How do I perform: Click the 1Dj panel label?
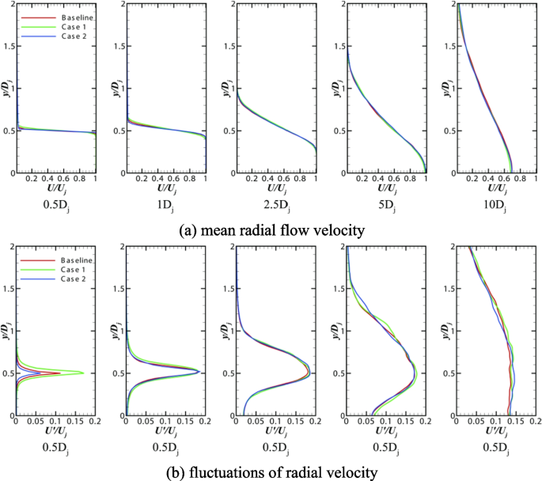164,209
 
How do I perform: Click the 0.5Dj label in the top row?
54,209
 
